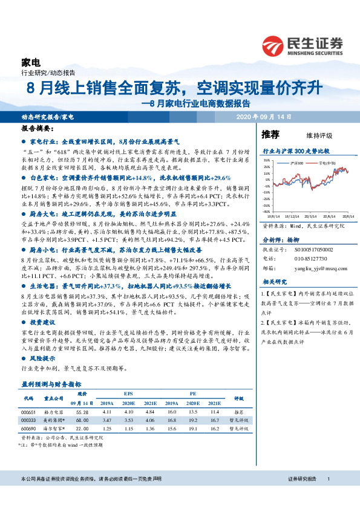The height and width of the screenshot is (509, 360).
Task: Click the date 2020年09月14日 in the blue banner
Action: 263,116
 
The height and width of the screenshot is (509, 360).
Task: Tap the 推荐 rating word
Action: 270,134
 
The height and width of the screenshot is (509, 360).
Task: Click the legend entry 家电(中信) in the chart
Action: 323,163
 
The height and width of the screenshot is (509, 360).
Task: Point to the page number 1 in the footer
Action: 327,479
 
